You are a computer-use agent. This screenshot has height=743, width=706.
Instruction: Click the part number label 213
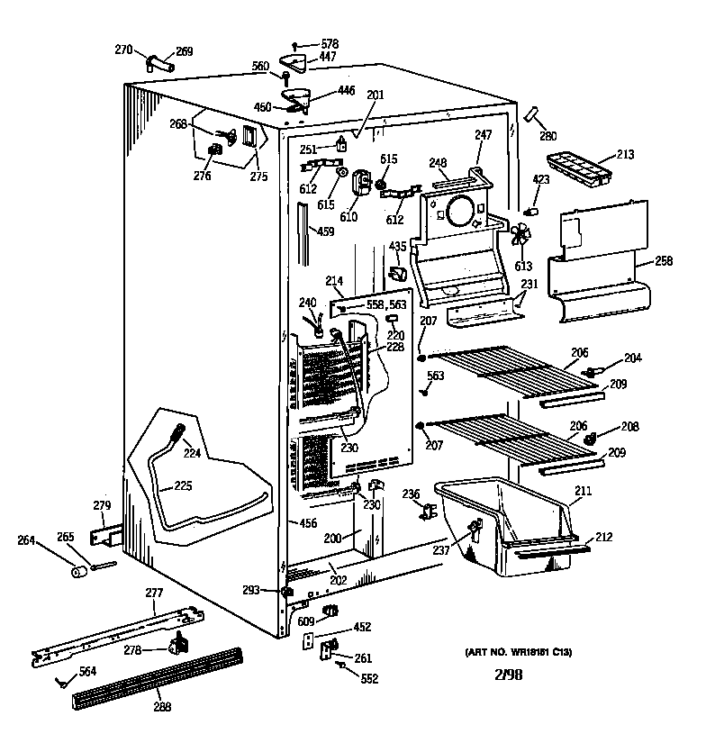point(625,155)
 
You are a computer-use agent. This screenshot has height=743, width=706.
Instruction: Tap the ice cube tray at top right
point(576,168)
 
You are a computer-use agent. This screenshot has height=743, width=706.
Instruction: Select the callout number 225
point(183,486)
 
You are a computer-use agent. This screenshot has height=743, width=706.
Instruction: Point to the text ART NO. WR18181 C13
point(519,652)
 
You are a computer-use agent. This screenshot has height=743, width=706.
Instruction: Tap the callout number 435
point(397,246)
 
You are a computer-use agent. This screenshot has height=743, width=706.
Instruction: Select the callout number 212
point(602,538)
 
